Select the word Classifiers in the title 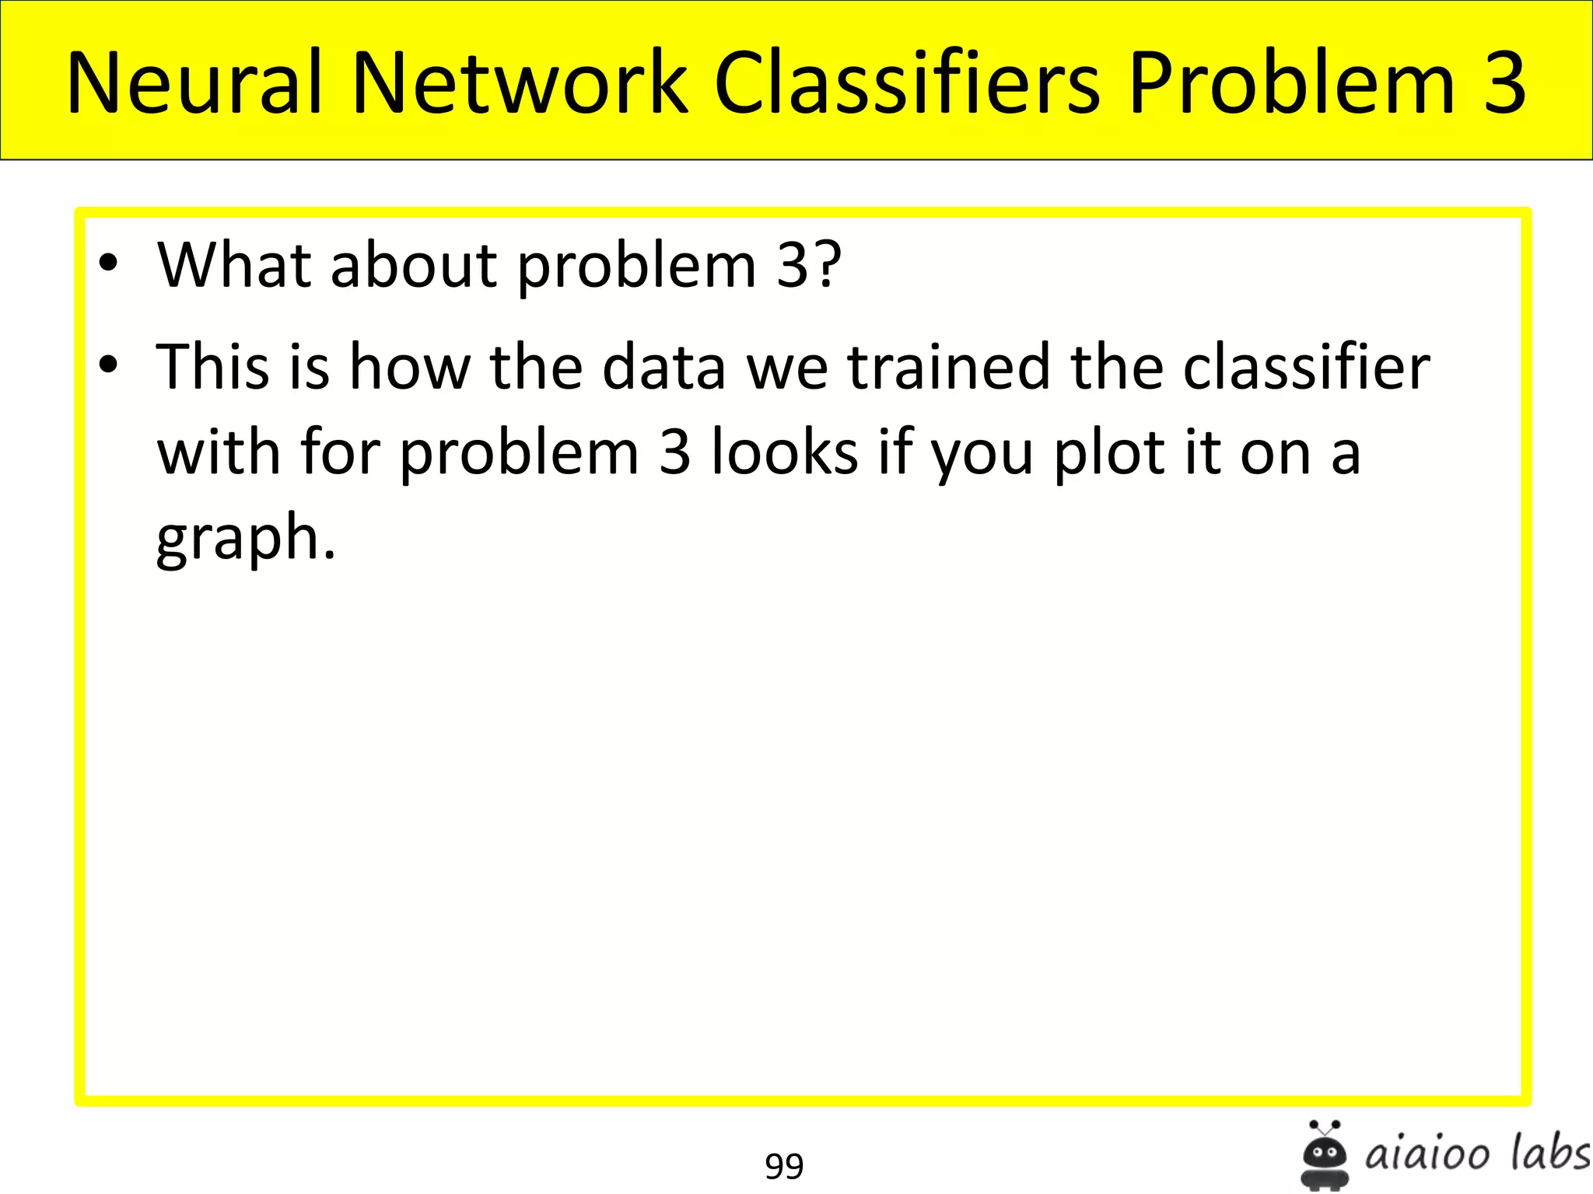907,82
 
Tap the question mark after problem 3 828,265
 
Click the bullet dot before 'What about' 109,263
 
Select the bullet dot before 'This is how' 109,364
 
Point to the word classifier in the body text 1307,366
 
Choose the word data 663,366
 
